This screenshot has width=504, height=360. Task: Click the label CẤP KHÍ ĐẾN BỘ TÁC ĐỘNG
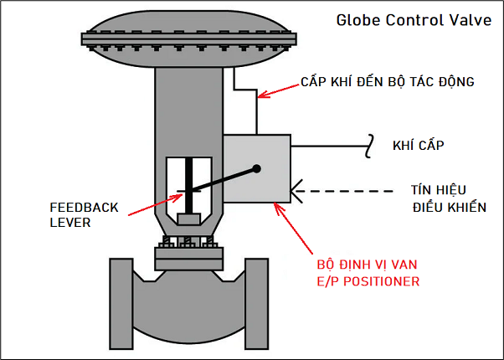387,82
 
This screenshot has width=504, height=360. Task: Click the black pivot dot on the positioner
257,169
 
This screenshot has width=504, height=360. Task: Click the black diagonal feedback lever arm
222,180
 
